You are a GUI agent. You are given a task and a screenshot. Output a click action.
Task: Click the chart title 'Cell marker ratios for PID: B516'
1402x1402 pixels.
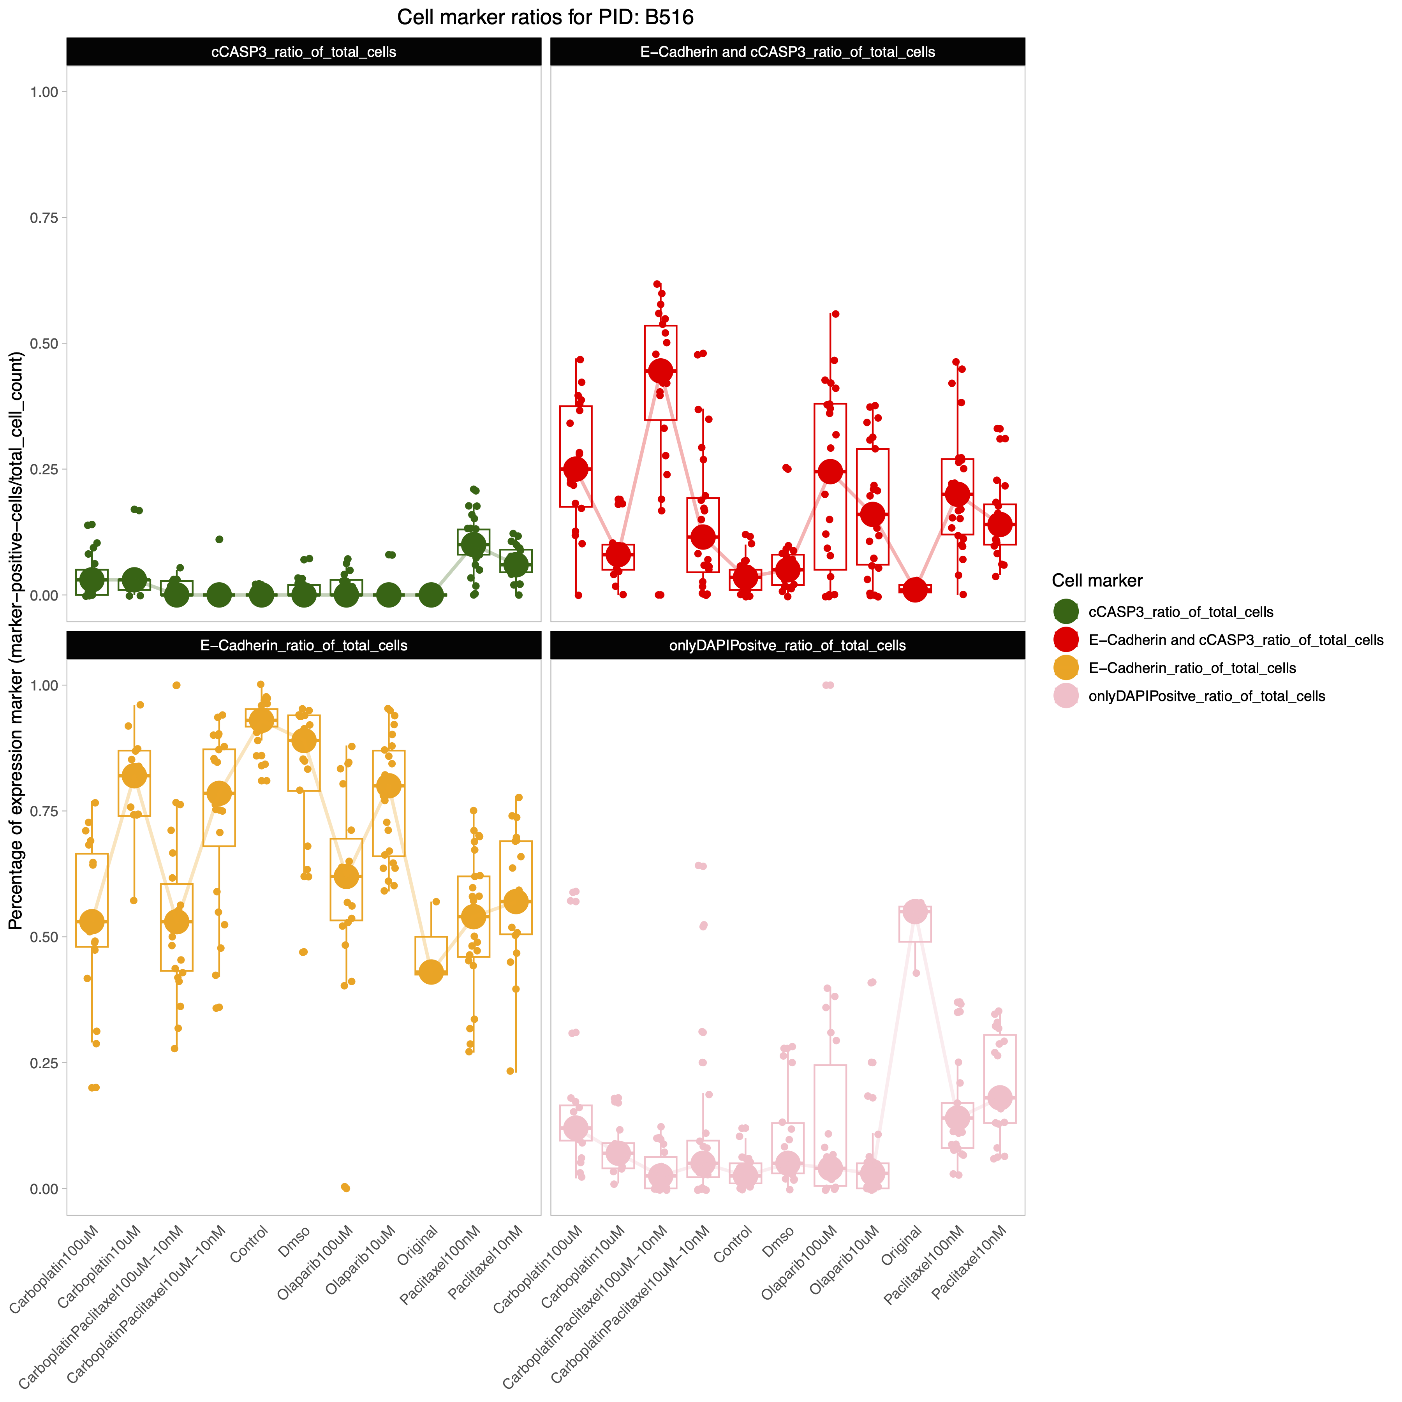tap(545, 18)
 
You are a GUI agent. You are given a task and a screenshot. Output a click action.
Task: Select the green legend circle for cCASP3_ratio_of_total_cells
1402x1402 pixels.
tap(1065, 612)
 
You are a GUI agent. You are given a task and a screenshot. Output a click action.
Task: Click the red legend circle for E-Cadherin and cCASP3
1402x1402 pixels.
tap(1065, 640)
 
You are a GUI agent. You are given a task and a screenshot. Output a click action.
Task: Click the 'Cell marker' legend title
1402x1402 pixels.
tap(1097, 581)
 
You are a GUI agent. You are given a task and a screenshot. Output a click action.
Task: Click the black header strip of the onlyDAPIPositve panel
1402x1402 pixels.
tap(787, 645)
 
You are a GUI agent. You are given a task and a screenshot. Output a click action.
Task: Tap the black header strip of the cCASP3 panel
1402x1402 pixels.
tap(303, 51)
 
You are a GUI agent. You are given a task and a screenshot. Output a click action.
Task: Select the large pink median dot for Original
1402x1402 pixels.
tap(915, 911)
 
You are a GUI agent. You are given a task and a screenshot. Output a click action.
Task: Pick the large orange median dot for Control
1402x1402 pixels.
tap(261, 720)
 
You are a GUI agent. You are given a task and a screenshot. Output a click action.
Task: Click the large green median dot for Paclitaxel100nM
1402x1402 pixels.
tap(473, 544)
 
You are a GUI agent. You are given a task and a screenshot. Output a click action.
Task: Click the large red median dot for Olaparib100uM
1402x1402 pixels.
tap(830, 472)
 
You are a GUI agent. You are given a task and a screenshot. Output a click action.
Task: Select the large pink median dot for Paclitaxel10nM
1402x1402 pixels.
tap(1000, 1097)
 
